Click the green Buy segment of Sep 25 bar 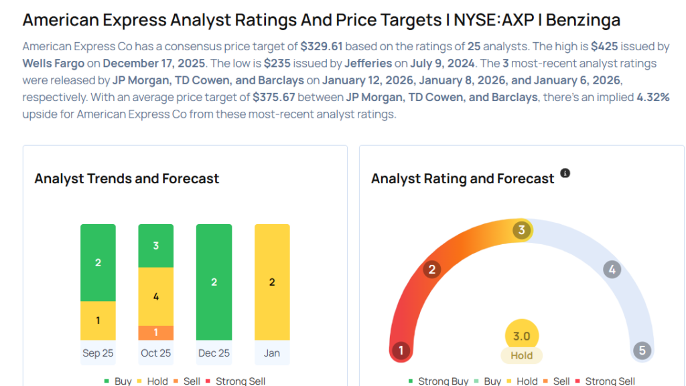click(x=98, y=262)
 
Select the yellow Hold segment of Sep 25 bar click(x=98, y=320)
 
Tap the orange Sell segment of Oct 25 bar click(x=156, y=332)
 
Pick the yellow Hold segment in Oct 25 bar click(x=156, y=296)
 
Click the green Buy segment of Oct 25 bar click(x=156, y=246)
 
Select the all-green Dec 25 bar click(x=214, y=282)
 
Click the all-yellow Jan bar click(x=272, y=282)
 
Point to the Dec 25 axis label click(x=214, y=353)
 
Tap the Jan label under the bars click(x=272, y=353)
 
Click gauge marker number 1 click(x=401, y=351)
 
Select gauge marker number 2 click(x=432, y=270)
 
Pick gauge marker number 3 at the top click(x=521, y=231)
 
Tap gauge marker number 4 click(x=611, y=270)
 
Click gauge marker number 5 click(x=642, y=351)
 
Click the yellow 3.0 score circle click(x=521, y=336)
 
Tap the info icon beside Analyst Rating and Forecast click(x=565, y=173)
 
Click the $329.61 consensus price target click(x=322, y=47)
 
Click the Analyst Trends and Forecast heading click(x=127, y=179)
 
